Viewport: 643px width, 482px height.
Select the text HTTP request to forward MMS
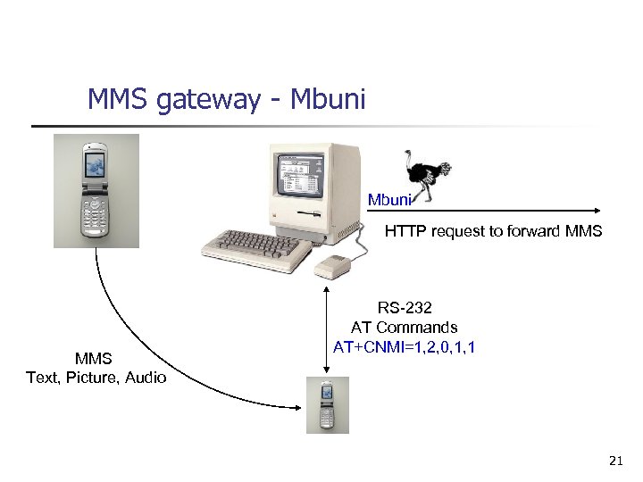click(x=493, y=232)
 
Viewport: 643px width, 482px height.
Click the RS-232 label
click(x=405, y=308)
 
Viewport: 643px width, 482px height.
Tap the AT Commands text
click(x=405, y=328)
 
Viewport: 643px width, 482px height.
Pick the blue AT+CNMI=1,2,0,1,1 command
click(x=404, y=346)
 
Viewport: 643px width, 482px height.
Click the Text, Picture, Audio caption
click(x=96, y=378)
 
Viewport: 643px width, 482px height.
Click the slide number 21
click(x=614, y=461)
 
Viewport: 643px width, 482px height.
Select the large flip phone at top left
click(x=96, y=190)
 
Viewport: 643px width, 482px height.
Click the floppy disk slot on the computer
click(x=309, y=215)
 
